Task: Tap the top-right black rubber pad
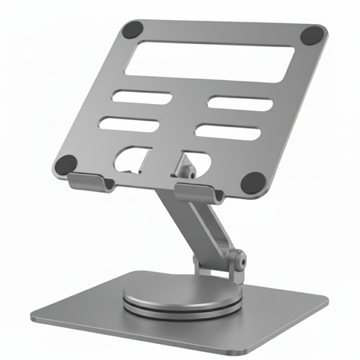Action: coord(314,35)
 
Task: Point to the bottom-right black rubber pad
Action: coord(252,182)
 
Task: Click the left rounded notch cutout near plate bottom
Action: coord(130,158)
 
